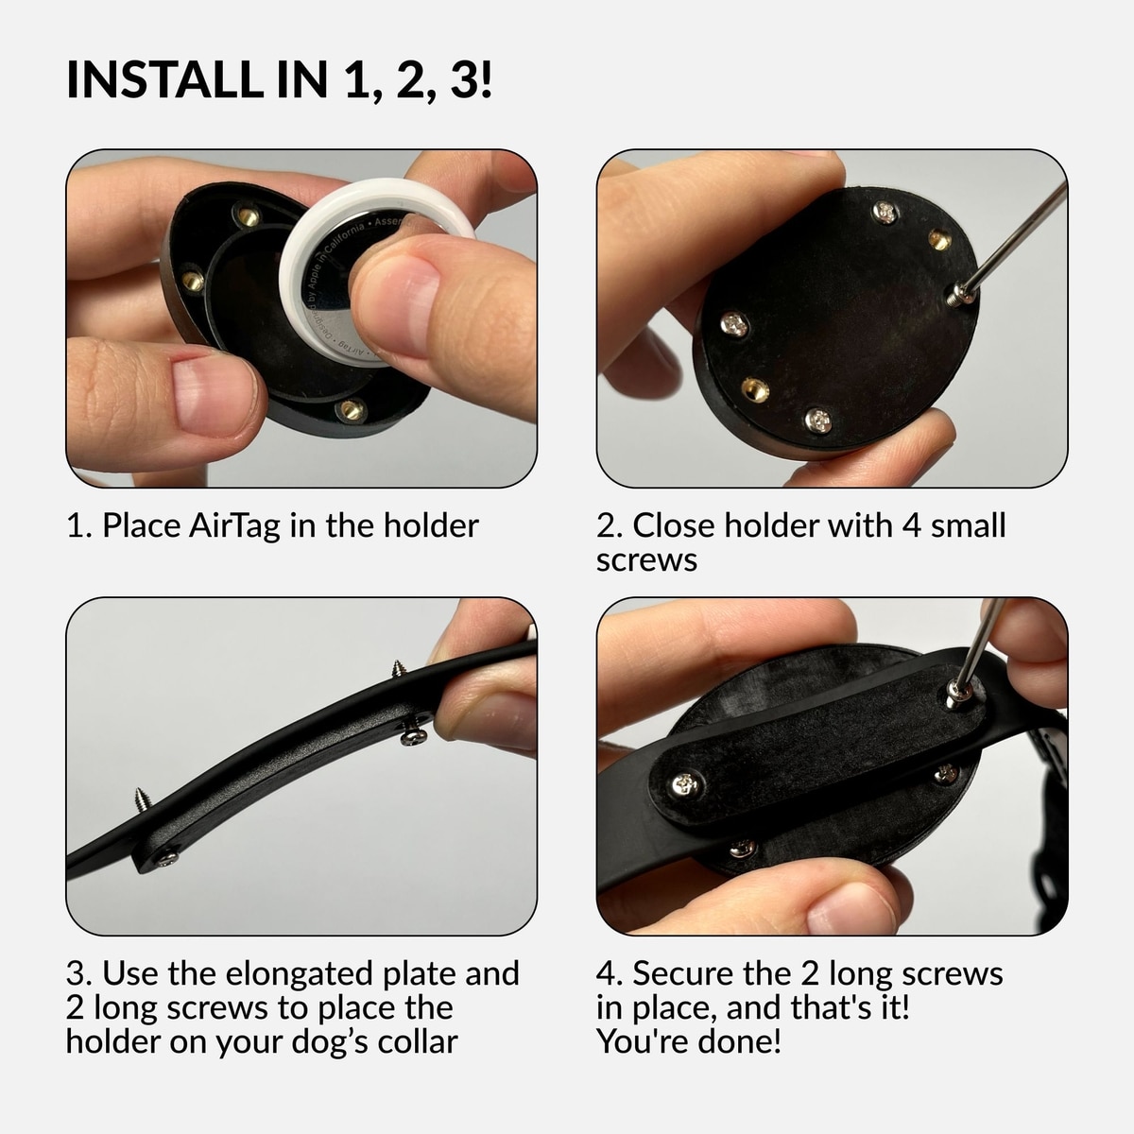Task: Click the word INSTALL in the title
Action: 164,78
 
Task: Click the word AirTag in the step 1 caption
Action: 234,525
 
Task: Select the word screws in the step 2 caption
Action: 646,560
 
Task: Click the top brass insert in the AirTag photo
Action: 248,216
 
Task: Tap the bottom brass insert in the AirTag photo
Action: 352,409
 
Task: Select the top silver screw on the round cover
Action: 885,212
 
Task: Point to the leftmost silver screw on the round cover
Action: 734,324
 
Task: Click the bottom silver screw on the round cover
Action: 818,421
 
